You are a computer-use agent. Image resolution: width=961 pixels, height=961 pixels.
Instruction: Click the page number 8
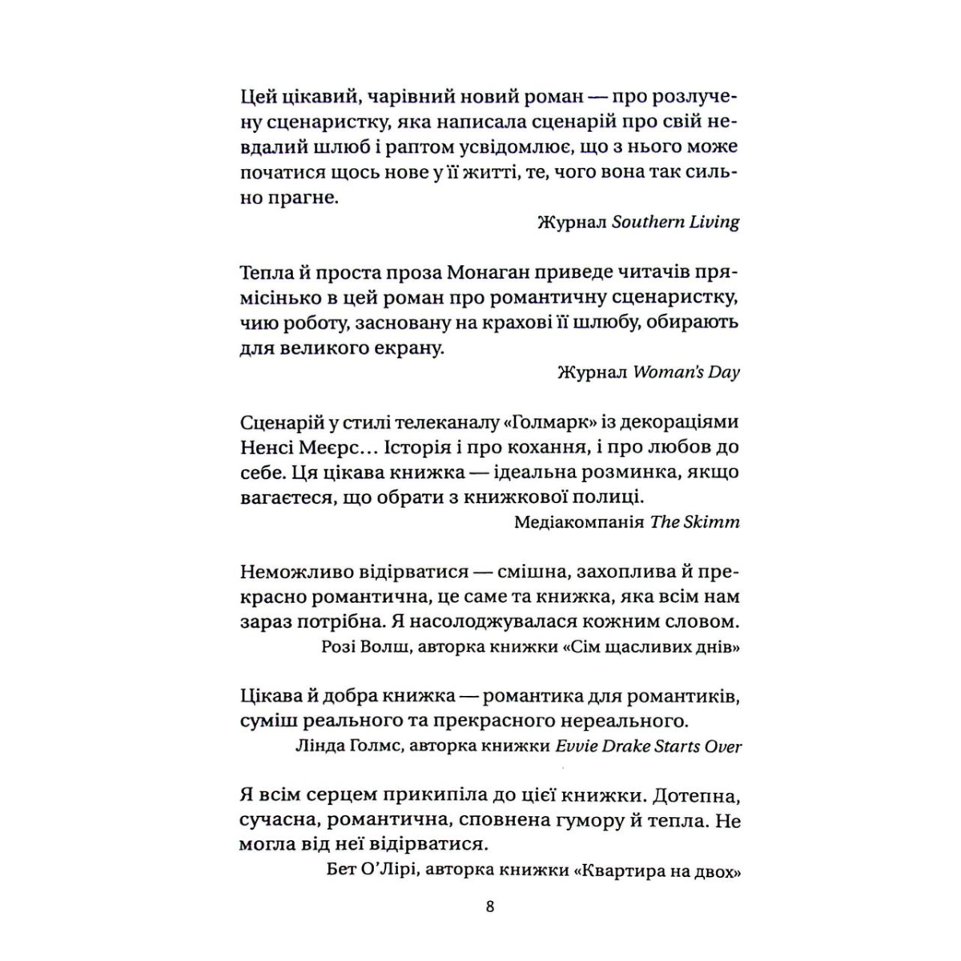coord(490,907)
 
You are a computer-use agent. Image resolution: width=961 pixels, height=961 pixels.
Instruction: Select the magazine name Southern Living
coord(675,222)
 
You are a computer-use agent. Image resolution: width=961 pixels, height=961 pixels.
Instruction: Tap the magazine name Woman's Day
coord(686,372)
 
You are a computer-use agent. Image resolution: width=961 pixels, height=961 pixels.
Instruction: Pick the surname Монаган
coord(468,273)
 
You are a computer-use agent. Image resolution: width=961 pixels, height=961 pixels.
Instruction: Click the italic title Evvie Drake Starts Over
coord(649,746)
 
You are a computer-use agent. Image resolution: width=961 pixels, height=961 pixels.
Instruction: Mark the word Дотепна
coord(696,796)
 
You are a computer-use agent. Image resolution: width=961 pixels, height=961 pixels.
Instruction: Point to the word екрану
coord(405,348)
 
